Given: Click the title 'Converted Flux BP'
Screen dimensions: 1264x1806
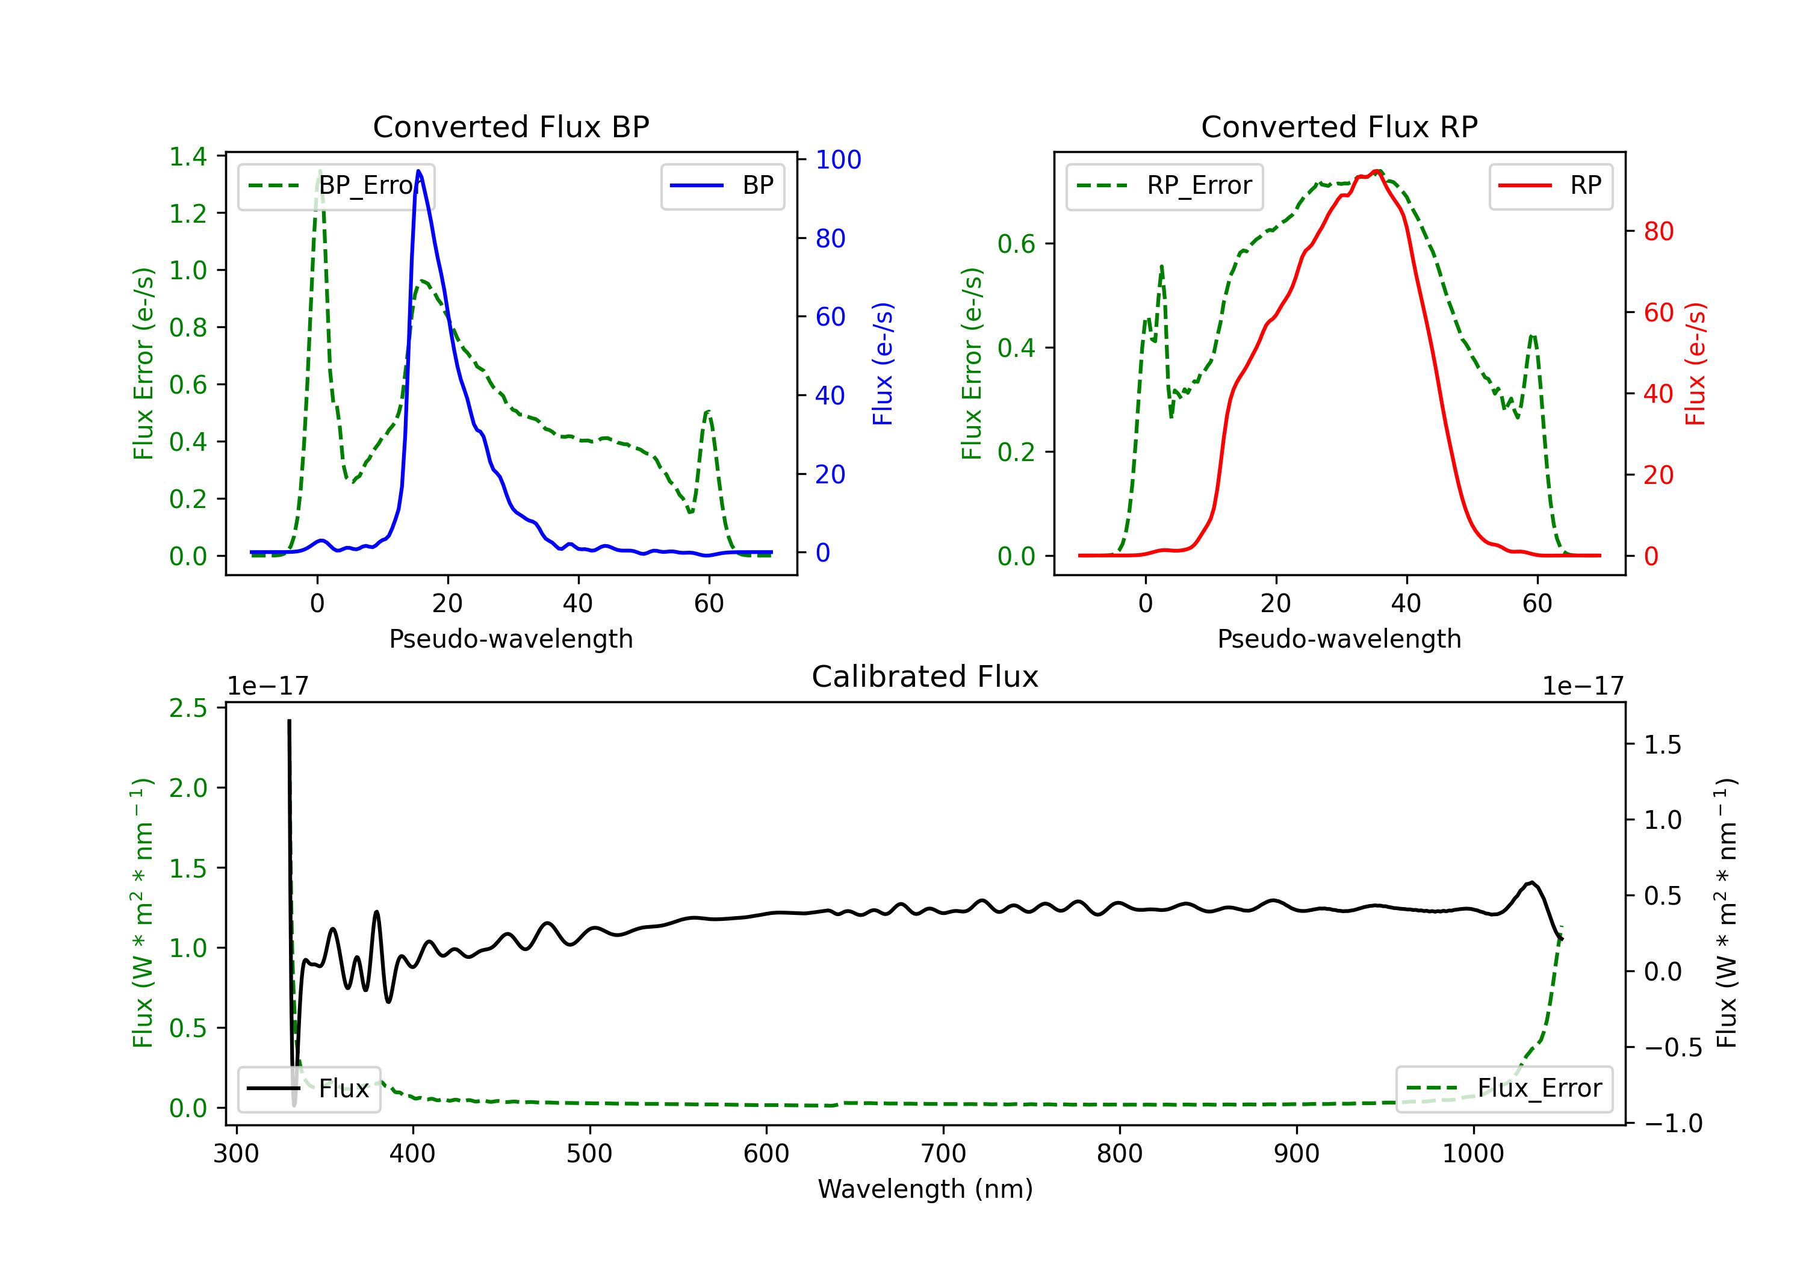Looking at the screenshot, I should click(510, 126).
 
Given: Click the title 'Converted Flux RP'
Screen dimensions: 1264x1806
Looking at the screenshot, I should click(1339, 126).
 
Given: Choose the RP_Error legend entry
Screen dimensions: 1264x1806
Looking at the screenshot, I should click(1164, 185).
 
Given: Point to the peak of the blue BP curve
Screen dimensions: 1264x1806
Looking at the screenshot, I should click(418, 171).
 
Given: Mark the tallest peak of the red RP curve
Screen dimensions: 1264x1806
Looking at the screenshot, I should click(1377, 172).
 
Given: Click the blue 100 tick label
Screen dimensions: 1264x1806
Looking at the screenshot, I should click(838, 160).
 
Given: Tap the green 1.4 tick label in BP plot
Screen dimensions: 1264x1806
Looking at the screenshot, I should click(188, 156).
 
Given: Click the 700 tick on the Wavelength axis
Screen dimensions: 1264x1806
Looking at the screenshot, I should click(943, 1154).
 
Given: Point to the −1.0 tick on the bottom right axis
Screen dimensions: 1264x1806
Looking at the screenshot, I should click(1672, 1123).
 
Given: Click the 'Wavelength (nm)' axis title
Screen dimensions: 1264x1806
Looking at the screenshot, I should click(925, 1189).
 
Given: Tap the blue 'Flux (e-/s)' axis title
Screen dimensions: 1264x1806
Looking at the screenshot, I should click(883, 364).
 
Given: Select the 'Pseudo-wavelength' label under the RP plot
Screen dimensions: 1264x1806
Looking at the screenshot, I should click(1339, 639).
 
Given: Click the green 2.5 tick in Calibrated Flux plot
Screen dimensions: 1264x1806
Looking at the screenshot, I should click(188, 708).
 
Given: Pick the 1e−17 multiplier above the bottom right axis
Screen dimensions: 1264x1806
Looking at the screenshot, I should click(1583, 686).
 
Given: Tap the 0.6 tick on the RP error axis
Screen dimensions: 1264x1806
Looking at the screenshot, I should click(1016, 244).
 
